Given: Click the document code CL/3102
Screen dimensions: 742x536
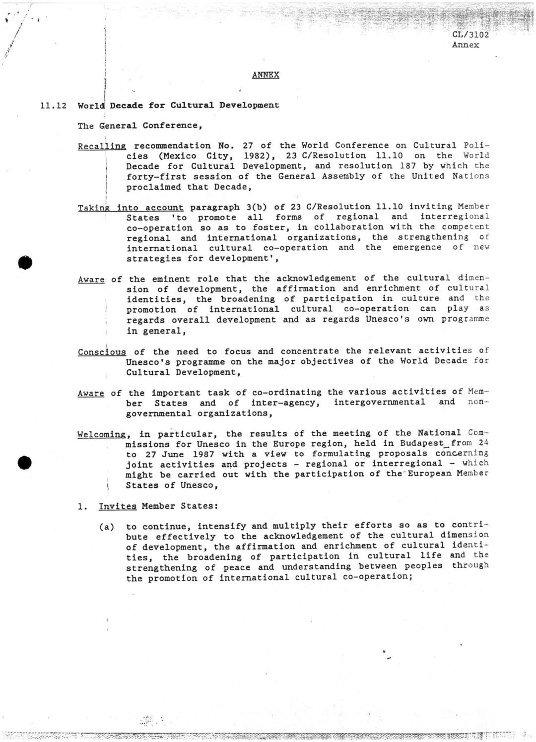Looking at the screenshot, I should click(x=470, y=35).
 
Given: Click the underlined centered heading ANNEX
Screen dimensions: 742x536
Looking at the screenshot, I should click(x=266, y=75).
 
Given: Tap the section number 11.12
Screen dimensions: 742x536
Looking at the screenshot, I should click(x=53, y=106).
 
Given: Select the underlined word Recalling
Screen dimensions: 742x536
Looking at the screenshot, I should click(x=102, y=146).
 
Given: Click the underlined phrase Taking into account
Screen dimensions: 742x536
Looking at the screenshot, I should click(x=131, y=208).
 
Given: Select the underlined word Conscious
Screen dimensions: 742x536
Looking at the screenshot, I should click(x=102, y=352).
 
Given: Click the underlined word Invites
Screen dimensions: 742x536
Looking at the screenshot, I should click(x=118, y=506).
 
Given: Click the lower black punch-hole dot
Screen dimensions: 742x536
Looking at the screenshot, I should click(x=24, y=463).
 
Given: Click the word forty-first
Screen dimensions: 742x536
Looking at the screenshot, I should click(x=159, y=177).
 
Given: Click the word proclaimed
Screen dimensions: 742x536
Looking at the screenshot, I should click(x=153, y=187).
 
